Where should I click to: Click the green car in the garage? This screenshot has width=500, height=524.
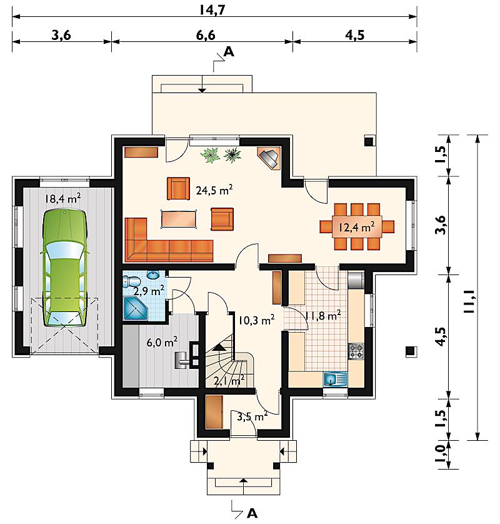(65, 268)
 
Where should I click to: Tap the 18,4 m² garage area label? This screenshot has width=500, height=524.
(62, 198)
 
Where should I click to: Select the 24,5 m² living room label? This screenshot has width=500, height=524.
(214, 190)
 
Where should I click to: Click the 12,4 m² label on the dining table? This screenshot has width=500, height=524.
(356, 227)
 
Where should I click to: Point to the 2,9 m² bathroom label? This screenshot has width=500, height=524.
(149, 290)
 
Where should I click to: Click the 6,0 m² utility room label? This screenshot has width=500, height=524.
(162, 342)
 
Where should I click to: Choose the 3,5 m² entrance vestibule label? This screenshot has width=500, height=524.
(252, 416)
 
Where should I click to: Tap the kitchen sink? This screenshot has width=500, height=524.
(336, 380)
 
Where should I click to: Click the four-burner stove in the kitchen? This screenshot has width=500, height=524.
(356, 351)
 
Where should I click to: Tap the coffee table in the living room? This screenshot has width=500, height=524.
(179, 219)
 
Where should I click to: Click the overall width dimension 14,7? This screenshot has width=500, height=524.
(212, 10)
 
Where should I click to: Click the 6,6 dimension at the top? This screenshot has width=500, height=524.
(206, 35)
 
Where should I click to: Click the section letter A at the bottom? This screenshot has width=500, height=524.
(252, 513)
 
